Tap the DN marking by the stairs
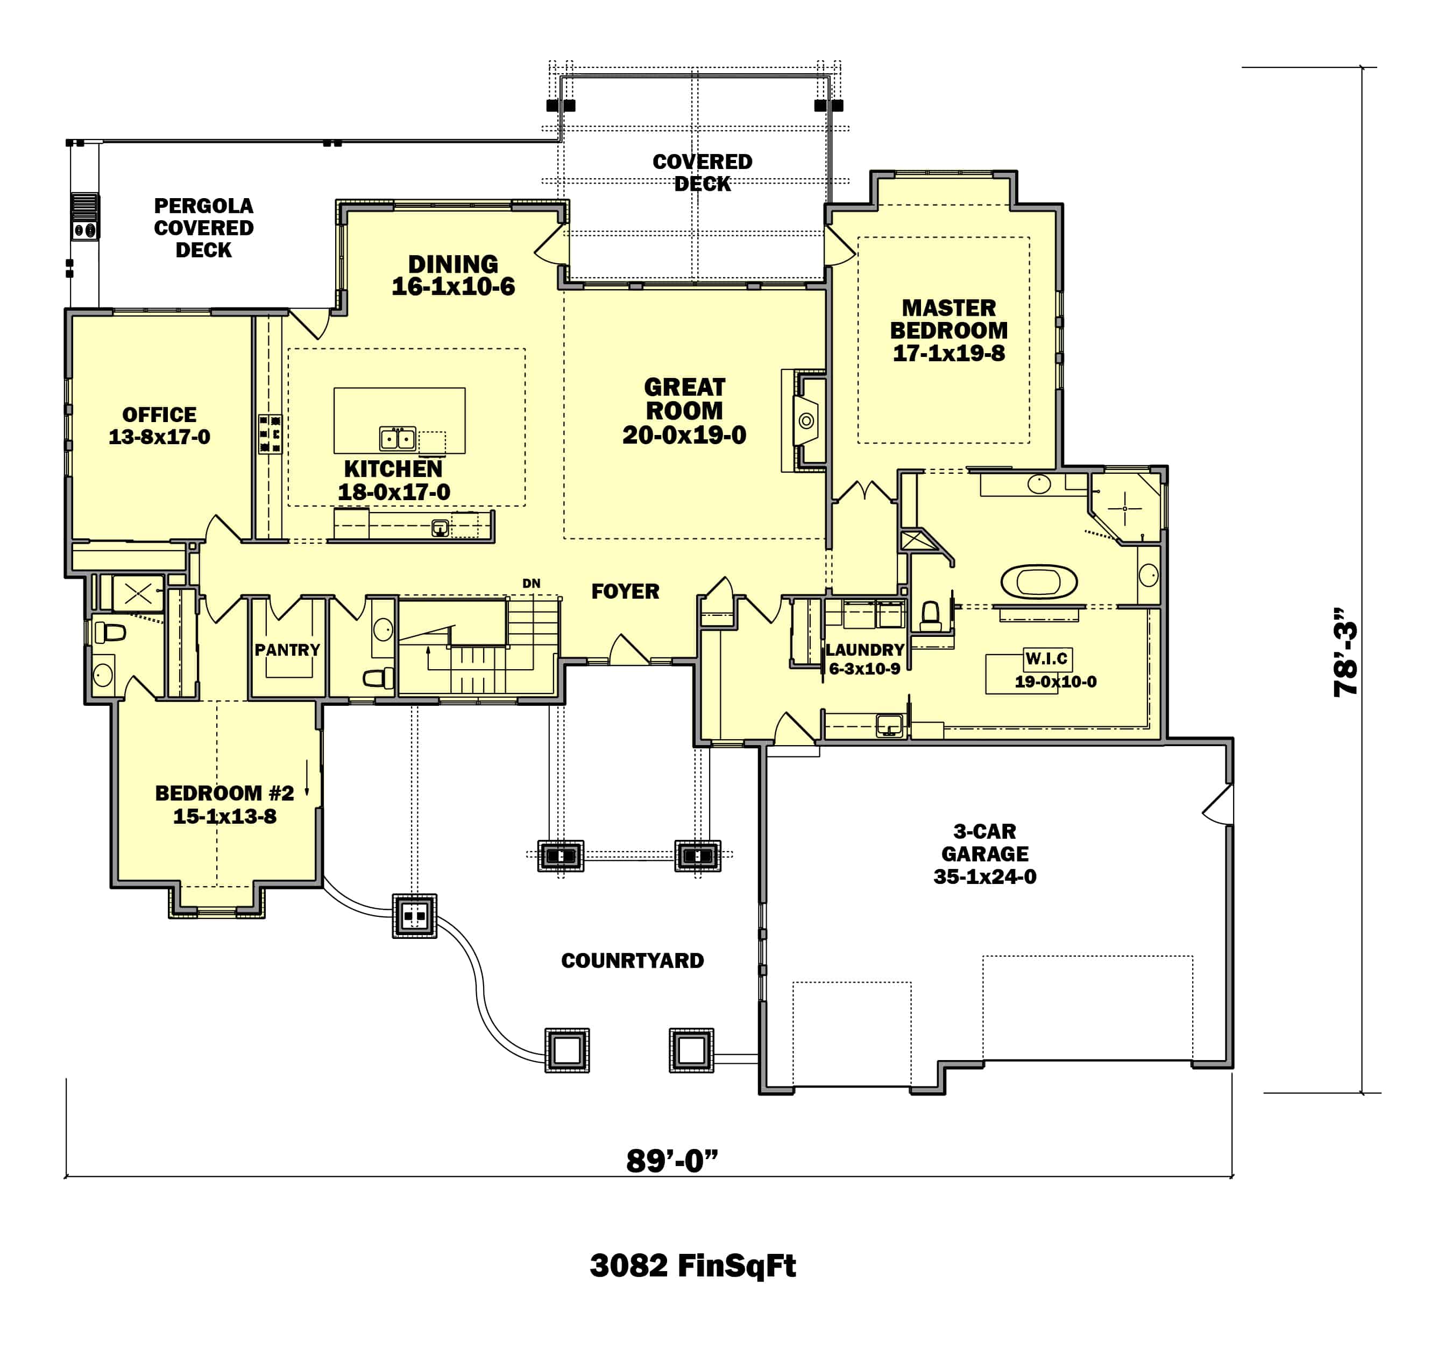(532, 583)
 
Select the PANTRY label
(287, 649)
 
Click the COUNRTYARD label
(632, 961)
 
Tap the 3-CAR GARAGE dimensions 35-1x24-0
(985, 876)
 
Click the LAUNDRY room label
(865, 649)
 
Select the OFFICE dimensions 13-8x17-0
(159, 437)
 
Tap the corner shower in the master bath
(1125, 508)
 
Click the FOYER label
(625, 591)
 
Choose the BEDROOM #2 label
(224, 793)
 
